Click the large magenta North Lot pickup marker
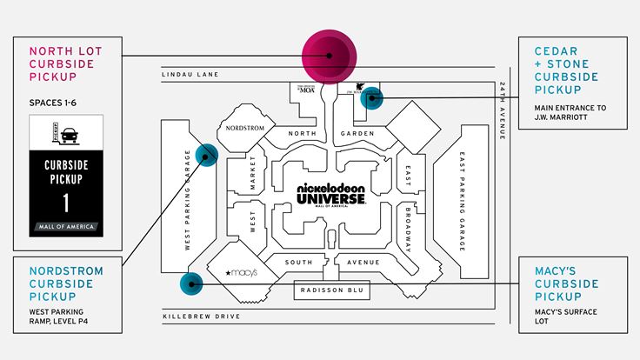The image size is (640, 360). (x=330, y=55)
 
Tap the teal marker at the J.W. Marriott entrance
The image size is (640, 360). (x=371, y=97)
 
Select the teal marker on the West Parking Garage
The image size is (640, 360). (x=206, y=154)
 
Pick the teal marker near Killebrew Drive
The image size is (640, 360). (x=190, y=283)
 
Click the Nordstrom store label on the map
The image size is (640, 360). (x=246, y=128)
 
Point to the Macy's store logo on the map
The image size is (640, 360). (x=242, y=272)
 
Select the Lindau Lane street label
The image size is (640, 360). (x=189, y=76)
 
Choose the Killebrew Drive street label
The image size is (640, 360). (x=201, y=316)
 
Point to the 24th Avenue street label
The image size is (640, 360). (x=503, y=112)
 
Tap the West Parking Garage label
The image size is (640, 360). (x=187, y=200)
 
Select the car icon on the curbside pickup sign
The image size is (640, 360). (x=67, y=134)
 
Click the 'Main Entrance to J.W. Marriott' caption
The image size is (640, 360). (x=570, y=112)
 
